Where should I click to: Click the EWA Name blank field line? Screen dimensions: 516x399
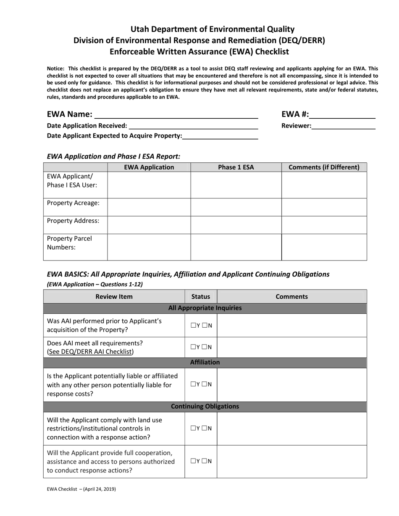[x=176, y=115]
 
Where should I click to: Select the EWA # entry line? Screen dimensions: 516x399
[x=342, y=115]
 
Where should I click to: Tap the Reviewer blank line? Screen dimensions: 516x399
[x=343, y=126]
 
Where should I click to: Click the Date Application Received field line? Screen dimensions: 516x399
[x=193, y=126]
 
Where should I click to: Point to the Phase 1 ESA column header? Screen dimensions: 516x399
[x=236, y=167]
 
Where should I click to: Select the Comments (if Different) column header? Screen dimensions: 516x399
[x=324, y=167]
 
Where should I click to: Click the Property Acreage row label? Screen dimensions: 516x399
[x=73, y=203]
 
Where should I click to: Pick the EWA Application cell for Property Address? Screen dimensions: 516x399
[x=149, y=225]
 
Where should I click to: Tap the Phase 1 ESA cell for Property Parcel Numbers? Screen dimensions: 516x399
[x=236, y=248]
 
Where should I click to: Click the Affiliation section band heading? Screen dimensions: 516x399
[x=205, y=362]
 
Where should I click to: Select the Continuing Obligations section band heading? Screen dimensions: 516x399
[x=205, y=407]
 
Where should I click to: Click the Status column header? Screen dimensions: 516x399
[x=201, y=297]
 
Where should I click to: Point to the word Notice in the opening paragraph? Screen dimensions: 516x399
[x=55, y=68]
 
